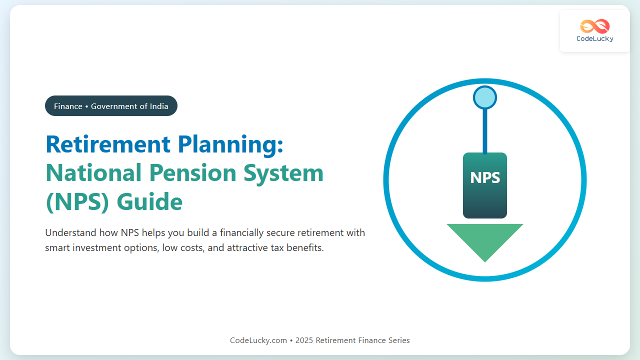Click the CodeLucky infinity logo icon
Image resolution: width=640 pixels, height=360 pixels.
tap(595, 26)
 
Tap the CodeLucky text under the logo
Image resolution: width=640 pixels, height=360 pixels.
tap(595, 39)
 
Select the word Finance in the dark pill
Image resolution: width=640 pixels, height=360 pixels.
tap(68, 106)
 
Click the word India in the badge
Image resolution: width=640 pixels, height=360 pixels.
tap(159, 106)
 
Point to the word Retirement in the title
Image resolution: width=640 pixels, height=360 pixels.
tap(108, 144)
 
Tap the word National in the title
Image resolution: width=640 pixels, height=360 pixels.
tap(93, 173)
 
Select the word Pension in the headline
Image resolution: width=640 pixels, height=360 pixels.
tap(192, 173)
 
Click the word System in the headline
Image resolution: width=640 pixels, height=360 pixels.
tap(283, 173)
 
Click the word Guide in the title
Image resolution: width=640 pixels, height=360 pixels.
tap(149, 201)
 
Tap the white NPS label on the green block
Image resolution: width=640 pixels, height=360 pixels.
tap(485, 177)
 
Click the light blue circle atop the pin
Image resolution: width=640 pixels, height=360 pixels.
tap(485, 97)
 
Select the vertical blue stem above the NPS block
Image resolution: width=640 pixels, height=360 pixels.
tap(485, 131)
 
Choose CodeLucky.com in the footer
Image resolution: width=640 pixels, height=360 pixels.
tap(258, 340)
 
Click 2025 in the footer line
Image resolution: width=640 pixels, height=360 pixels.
tap(304, 340)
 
